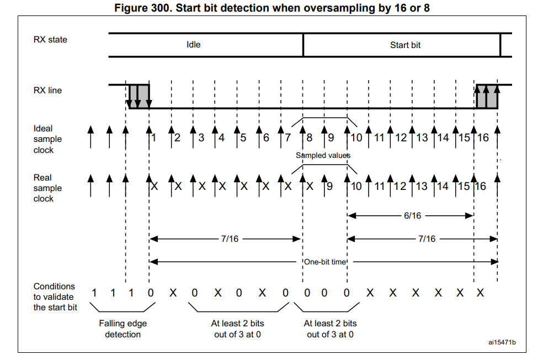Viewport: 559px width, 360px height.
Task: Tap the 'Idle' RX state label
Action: tap(193, 44)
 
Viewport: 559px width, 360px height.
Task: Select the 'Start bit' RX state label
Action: tap(405, 45)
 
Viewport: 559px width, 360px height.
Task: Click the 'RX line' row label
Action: tap(47, 90)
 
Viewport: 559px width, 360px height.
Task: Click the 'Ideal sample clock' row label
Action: tap(47, 139)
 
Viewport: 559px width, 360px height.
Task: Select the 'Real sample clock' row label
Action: tap(47, 188)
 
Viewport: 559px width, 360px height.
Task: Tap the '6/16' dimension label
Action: tap(412, 215)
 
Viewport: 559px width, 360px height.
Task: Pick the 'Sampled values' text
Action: tap(323, 155)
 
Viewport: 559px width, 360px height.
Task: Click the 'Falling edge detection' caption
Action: tap(123, 329)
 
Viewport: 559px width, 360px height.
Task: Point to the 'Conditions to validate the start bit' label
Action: tap(55, 297)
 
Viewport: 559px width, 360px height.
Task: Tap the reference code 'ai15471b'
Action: tap(502, 342)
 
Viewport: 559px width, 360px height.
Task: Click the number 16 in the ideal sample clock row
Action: tap(483, 137)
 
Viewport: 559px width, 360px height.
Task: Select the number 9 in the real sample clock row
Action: tap(329, 187)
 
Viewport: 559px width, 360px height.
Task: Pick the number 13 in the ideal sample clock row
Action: tap(422, 137)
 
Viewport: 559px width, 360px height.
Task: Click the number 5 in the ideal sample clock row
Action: tap(243, 137)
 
